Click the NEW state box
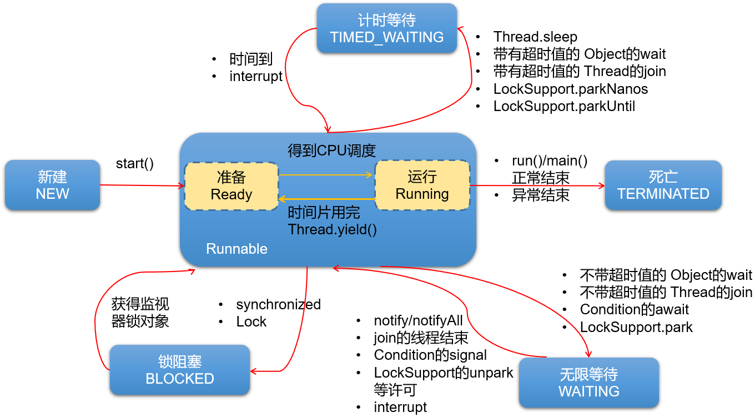[52, 185]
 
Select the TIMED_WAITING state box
[386, 29]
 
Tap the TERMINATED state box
[663, 185]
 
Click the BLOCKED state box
[179, 370]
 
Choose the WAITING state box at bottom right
[588, 383]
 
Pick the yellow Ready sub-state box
[231, 186]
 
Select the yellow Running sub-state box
[422, 185]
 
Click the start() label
[134, 164]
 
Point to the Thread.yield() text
[332, 229]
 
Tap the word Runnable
[236, 249]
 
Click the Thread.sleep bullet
[535, 37]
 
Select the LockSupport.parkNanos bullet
[570, 89]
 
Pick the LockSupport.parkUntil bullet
[564, 106]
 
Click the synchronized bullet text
[278, 304]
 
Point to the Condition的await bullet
[634, 309]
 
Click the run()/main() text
[549, 161]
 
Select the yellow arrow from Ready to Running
[326, 175]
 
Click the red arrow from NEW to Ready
[142, 185]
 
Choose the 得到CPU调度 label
[331, 150]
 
